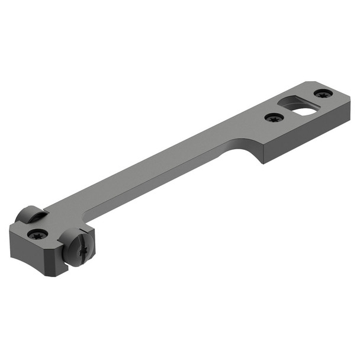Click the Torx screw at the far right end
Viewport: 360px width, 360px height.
tap(322, 94)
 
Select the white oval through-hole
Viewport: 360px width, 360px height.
tap(304, 111)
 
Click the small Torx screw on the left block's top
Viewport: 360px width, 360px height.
tap(37, 233)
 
